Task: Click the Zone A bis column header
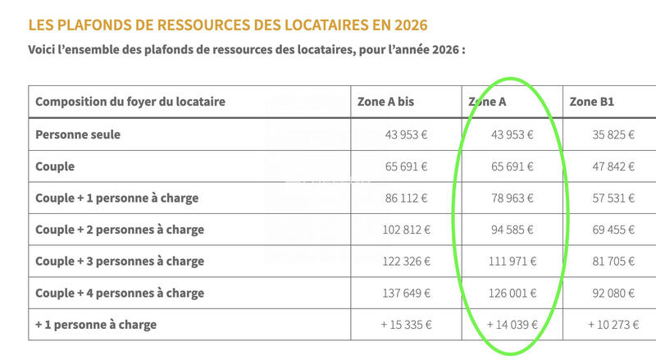click(385, 103)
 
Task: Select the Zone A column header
click(487, 103)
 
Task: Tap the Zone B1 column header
click(592, 103)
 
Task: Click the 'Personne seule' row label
click(78, 134)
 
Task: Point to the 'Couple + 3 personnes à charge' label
click(120, 262)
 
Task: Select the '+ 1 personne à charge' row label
click(96, 325)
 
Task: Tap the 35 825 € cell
click(613, 134)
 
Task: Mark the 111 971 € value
click(510, 262)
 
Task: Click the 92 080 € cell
click(613, 293)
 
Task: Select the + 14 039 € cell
click(510, 325)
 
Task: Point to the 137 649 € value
click(406, 293)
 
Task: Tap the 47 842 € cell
click(613, 166)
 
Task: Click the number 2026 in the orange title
click(407, 24)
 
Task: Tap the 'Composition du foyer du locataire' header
click(130, 103)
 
